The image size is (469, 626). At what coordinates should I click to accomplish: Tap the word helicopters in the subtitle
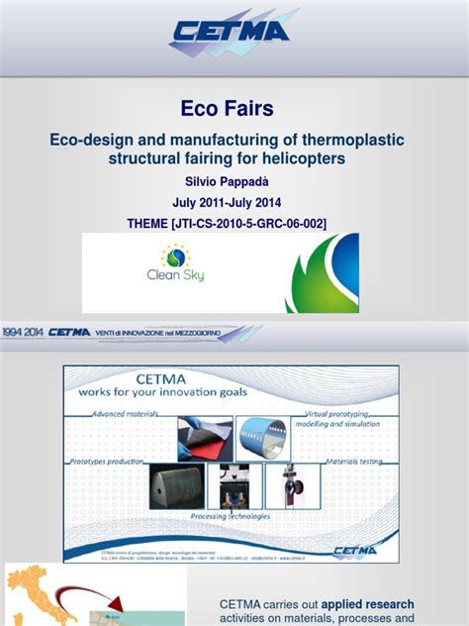pyautogui.click(x=309, y=159)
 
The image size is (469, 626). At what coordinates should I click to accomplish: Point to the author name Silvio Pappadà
pyautogui.click(x=234, y=182)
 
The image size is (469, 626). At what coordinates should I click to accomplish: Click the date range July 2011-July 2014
pyautogui.click(x=234, y=203)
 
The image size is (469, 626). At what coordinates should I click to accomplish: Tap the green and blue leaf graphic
pyautogui.click(x=322, y=273)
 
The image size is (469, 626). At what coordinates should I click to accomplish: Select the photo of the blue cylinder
pyautogui.click(x=262, y=438)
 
